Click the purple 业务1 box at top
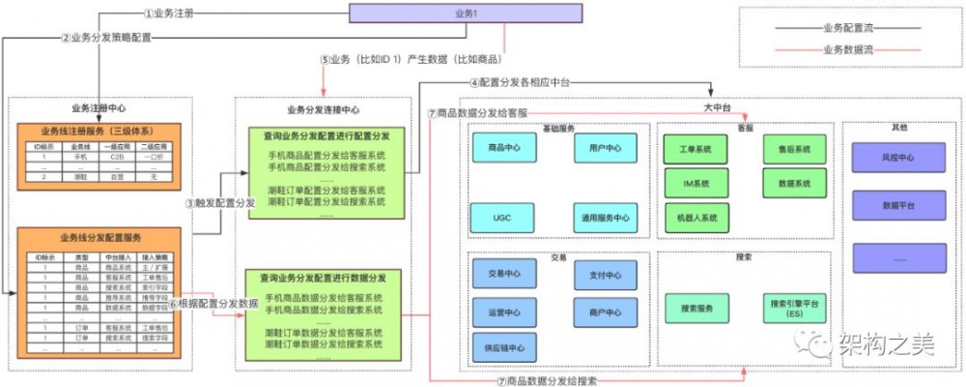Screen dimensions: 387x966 point(466,13)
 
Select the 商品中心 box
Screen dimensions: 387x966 point(503,148)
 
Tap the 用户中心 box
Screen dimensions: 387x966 point(605,148)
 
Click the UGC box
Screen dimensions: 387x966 point(503,218)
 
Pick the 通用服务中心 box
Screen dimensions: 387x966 point(605,218)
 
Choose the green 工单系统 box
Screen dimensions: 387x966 point(695,149)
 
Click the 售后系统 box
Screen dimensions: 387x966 point(794,149)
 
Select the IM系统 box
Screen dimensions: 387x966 point(695,183)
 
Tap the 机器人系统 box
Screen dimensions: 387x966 point(695,218)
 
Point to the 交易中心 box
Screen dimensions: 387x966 point(503,275)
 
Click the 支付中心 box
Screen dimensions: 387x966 point(605,275)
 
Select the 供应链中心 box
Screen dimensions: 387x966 point(503,348)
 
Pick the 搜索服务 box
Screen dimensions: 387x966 point(696,309)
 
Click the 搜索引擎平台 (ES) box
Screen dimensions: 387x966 point(794,309)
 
